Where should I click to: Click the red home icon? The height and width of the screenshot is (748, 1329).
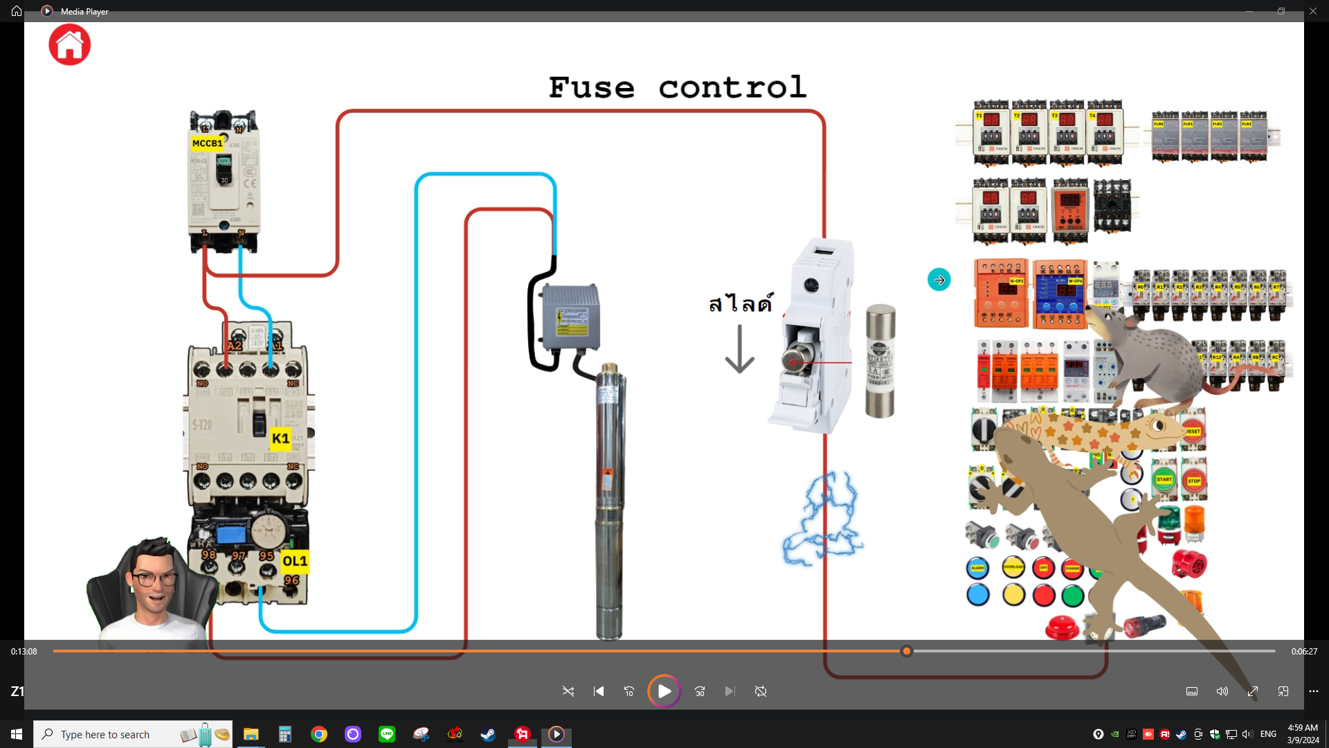point(69,45)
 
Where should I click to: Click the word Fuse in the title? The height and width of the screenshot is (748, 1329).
point(591,88)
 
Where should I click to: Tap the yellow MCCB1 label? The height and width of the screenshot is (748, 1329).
point(207,143)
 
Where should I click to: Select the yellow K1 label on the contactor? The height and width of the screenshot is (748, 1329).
point(280,438)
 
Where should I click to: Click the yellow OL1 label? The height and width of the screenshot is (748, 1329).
point(294,561)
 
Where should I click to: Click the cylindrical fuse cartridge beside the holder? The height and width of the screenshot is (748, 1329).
point(880,361)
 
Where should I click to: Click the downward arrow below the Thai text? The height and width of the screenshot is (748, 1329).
point(739,350)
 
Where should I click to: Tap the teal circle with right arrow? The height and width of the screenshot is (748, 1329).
point(939,280)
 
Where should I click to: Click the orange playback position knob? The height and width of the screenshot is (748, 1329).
point(907,651)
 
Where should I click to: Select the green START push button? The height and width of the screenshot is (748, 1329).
point(1164,479)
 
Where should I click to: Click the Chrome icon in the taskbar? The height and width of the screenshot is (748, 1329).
point(319,734)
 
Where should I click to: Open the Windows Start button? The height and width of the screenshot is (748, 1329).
point(17,734)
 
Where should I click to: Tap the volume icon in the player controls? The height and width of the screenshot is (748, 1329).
point(1222,691)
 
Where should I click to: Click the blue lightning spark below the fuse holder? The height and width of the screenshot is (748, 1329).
point(823,519)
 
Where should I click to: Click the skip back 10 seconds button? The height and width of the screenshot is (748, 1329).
point(629,691)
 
